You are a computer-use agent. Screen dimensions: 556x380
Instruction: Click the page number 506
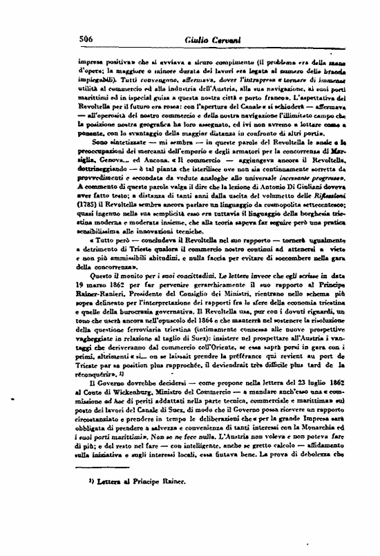(x=88, y=39)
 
